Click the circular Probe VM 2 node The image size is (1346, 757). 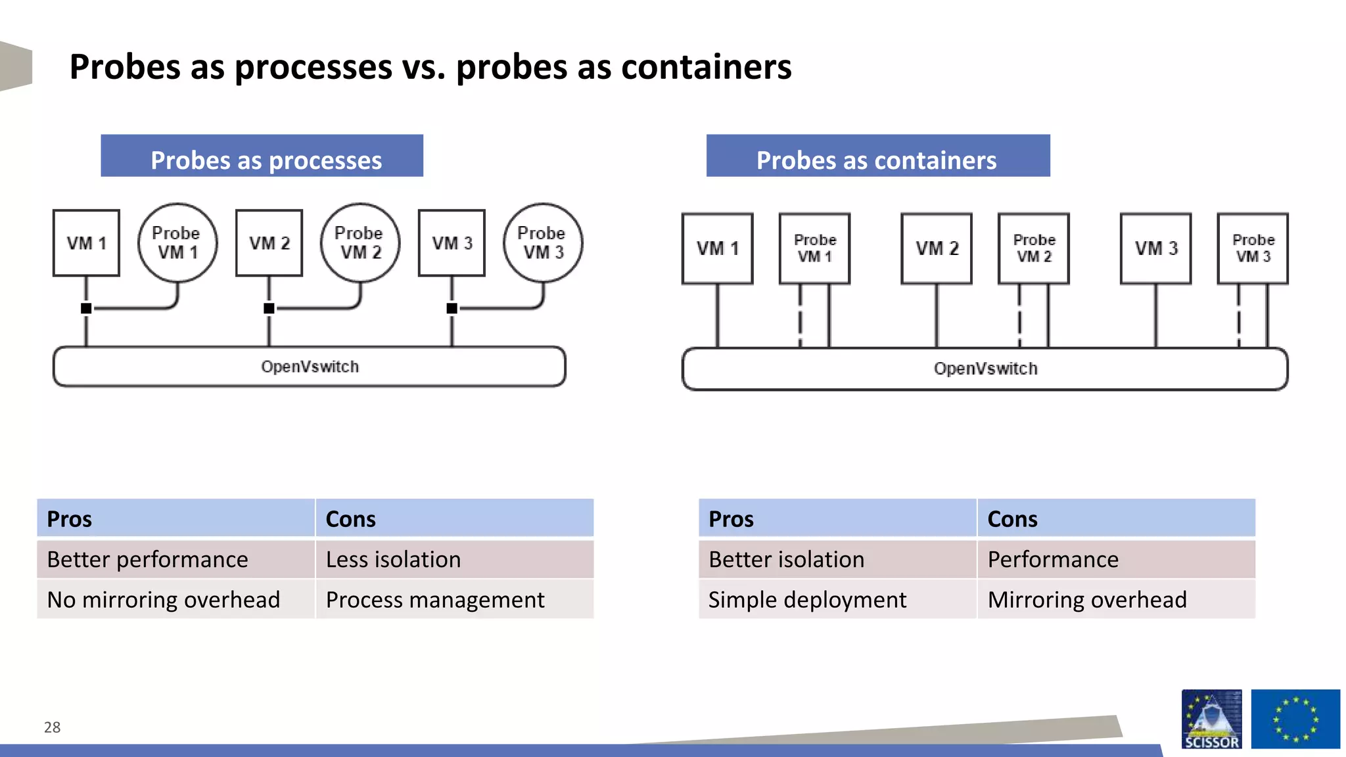coord(360,243)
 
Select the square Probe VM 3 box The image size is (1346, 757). coord(1253,248)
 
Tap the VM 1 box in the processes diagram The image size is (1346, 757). coord(86,243)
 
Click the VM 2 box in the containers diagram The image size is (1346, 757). coord(937,248)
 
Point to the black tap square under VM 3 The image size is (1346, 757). coord(452,308)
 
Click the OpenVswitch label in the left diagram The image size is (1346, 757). coord(310,367)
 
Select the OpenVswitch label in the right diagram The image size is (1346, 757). coord(985,369)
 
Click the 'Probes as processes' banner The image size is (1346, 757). coord(262,156)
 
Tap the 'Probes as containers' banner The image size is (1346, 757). coord(877,156)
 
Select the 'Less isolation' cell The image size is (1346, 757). coord(454,559)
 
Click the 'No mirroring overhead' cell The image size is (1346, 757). coord(175,599)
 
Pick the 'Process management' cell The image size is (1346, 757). coord(454,599)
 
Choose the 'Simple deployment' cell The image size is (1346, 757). coord(837,599)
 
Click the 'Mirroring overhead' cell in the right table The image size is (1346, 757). coord(1116,599)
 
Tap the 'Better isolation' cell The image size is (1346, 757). coord(837,559)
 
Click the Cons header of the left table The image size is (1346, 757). coord(454,518)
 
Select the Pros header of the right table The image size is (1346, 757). coord(837,518)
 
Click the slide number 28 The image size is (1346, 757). coord(52,727)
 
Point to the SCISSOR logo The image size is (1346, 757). coord(1211,719)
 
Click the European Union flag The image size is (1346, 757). coord(1295,719)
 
